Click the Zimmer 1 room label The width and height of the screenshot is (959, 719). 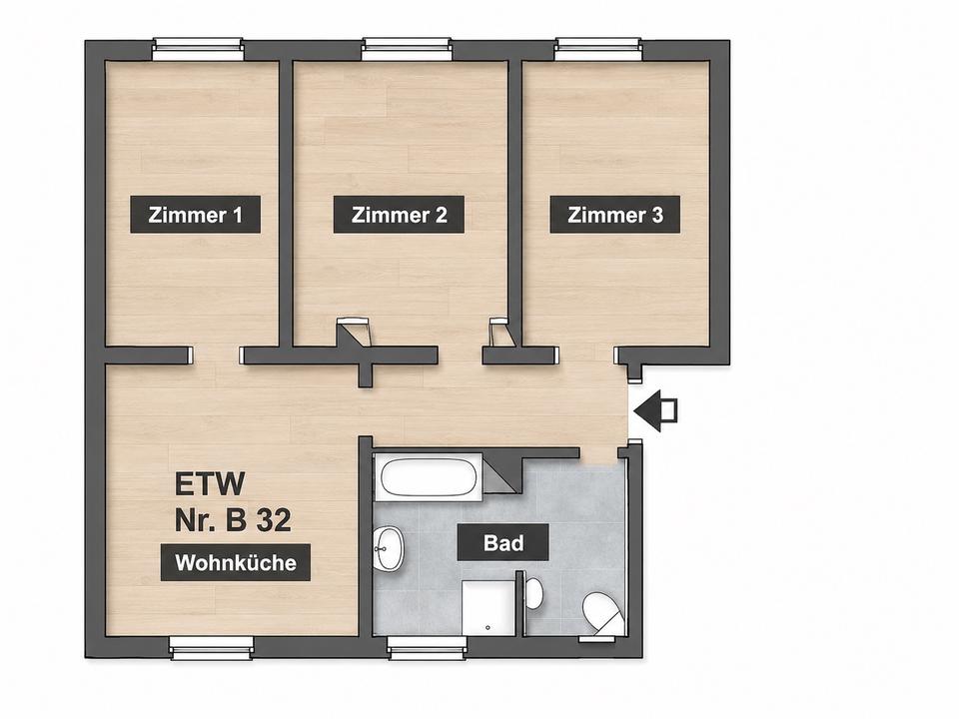[x=195, y=215]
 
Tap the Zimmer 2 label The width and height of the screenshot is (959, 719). [x=399, y=215]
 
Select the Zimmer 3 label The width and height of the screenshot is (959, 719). [x=615, y=215]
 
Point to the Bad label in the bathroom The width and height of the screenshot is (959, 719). [x=503, y=542]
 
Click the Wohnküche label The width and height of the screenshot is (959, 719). [x=236, y=562]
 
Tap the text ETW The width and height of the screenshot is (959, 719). [x=210, y=483]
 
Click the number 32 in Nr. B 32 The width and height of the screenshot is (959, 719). [x=274, y=521]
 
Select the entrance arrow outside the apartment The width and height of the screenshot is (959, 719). [x=655, y=410]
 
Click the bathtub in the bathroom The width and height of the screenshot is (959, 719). [x=429, y=478]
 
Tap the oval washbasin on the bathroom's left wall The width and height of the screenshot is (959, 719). [x=388, y=548]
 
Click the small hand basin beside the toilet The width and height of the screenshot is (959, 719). [x=533, y=592]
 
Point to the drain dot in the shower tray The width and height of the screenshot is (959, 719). [x=487, y=627]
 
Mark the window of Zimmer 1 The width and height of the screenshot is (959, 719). [x=198, y=49]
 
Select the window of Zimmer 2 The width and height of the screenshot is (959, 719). [x=407, y=49]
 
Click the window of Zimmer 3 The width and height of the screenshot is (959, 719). [x=599, y=49]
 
